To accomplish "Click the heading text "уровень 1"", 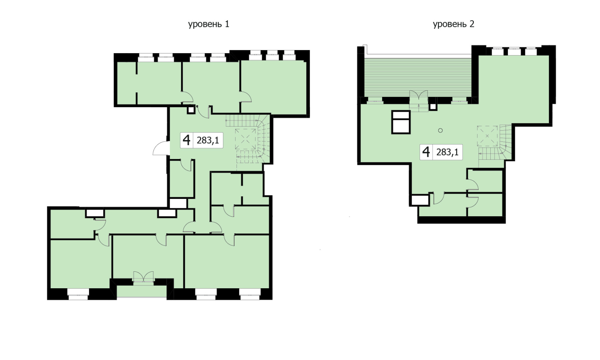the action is [209, 24].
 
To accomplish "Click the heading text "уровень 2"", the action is [453, 24].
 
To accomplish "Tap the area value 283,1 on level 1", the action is [208, 141].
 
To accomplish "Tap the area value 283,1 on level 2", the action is [447, 152].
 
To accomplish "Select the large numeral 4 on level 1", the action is [187, 140].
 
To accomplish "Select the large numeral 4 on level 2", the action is [426, 152].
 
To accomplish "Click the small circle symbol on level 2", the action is [440, 130].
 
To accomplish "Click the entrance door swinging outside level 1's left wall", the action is [161, 149].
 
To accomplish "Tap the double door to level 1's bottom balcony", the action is [143, 277].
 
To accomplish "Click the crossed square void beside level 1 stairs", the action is [246, 139].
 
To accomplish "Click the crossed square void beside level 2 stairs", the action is [487, 136].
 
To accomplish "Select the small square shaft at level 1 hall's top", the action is [191, 110].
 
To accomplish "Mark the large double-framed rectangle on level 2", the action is [401, 122].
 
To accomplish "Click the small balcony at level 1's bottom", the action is [141, 291].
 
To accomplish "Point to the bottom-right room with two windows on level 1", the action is [227, 261].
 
